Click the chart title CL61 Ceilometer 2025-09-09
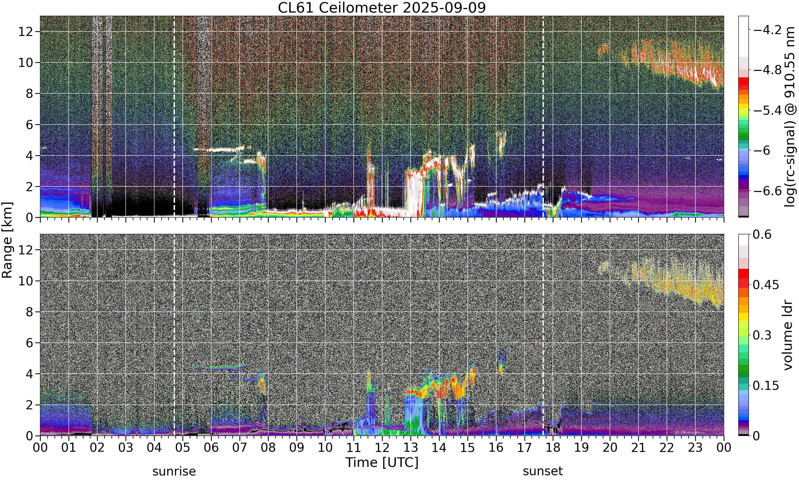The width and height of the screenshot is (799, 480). (x=381, y=8)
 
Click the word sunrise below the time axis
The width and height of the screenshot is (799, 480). (x=174, y=471)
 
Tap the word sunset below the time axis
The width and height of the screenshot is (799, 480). (x=543, y=471)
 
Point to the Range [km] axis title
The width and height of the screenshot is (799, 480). (x=7, y=240)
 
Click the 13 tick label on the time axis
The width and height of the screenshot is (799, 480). (x=410, y=448)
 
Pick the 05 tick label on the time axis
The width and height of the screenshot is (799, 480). (x=182, y=448)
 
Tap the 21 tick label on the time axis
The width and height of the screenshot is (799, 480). (x=638, y=448)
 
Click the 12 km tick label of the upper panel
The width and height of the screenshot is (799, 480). (x=26, y=32)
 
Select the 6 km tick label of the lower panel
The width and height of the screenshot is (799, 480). (x=29, y=343)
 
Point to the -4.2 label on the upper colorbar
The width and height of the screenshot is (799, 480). (x=767, y=30)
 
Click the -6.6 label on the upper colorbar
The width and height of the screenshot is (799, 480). (x=767, y=191)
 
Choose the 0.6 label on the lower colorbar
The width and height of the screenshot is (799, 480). (x=762, y=234)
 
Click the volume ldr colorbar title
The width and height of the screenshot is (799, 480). (x=788, y=335)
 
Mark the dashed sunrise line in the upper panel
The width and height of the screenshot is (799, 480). (x=174, y=117)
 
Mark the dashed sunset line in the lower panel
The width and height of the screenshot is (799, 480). (x=543, y=335)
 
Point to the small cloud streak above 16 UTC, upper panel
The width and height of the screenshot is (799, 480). (x=502, y=143)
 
